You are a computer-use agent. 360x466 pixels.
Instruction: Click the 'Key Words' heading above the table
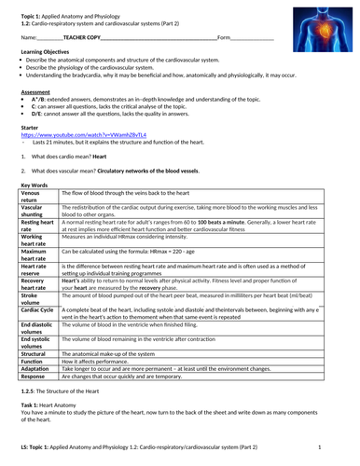34,185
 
